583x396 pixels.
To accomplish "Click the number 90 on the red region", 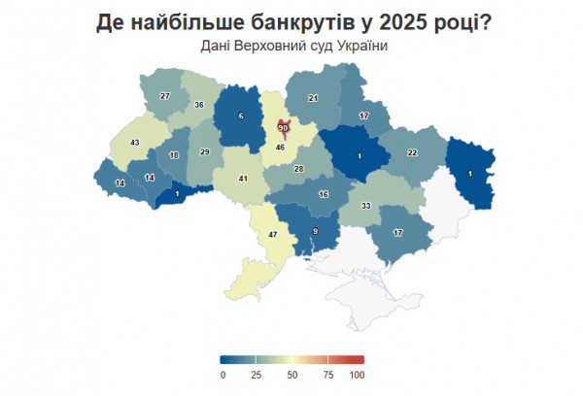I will pos(284,128).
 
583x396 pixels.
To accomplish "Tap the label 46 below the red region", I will pos(280,147).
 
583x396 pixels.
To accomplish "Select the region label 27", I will pos(165,95).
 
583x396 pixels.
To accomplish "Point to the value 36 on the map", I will pos(198,104).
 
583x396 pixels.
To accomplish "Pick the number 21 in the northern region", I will pos(314,98).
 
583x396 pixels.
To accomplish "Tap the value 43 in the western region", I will pos(135,143).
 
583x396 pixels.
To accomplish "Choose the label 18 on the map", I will pos(174,155).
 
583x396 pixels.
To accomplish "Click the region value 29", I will pos(205,152).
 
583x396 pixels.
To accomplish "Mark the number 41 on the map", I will pos(244,179).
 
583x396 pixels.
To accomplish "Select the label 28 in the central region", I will pos(298,169).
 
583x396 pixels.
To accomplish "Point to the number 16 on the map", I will pos(325,194).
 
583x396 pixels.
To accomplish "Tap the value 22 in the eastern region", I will pos(412,152).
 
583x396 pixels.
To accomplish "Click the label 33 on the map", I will pos(366,206).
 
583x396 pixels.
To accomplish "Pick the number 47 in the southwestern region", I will pos(273,235).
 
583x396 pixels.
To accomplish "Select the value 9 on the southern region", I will pos(315,230).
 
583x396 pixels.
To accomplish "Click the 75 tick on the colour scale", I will pos(327,375).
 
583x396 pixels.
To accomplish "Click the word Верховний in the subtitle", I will pos(257,46).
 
